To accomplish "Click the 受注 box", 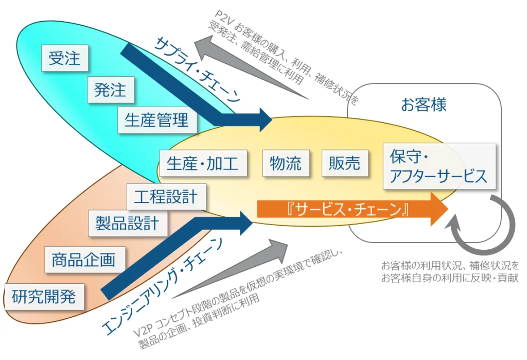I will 65,58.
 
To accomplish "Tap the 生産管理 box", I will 156,120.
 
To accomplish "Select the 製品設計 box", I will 127,223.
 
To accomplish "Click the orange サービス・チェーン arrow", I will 350,209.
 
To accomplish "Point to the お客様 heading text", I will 424,105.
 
